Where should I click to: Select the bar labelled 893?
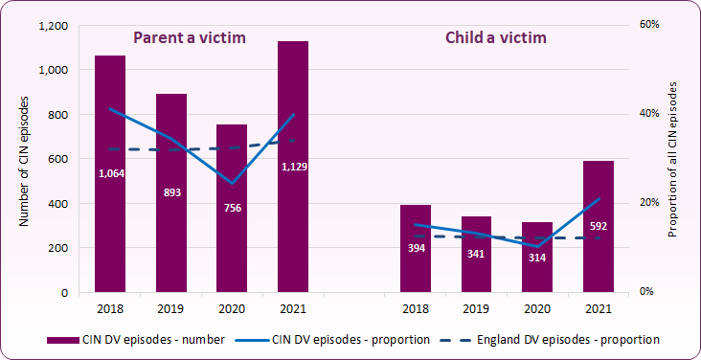tap(171, 239)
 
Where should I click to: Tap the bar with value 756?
tap(232, 249)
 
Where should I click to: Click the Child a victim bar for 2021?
tap(599, 259)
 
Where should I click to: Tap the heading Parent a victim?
tap(190, 38)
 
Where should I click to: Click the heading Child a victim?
tap(496, 38)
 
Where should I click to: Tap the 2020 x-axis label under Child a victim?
tap(537, 308)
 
